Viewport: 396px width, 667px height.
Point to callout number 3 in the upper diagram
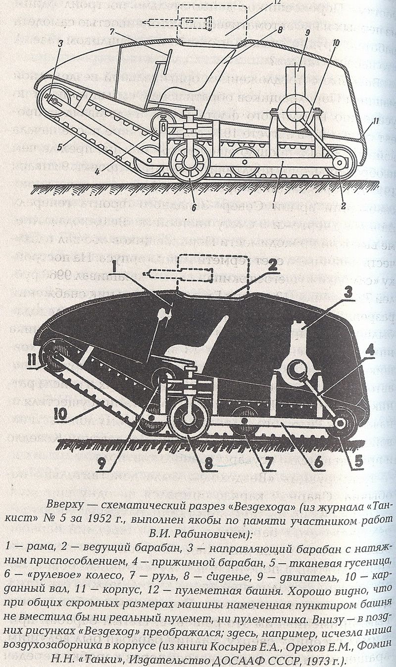point(59,43)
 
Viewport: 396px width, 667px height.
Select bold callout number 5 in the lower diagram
point(358,460)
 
